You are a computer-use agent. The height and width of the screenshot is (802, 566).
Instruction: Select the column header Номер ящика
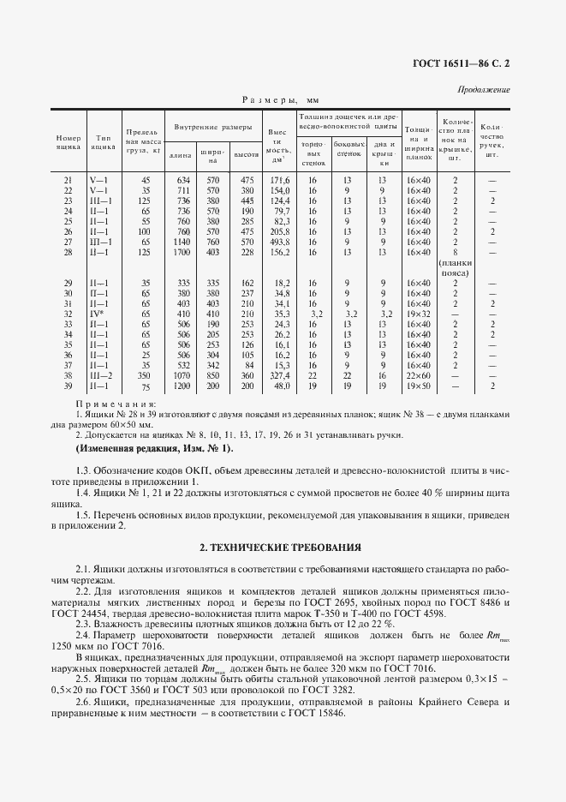[69, 142]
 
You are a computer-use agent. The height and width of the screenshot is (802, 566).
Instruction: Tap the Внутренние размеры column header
[213, 127]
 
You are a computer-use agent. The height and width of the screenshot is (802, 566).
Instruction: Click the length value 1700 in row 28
[182, 253]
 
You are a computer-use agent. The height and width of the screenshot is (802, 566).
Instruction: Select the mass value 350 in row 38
[145, 375]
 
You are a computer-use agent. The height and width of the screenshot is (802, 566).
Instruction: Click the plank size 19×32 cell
[419, 315]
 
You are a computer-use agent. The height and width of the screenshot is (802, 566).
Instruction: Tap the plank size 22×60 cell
[419, 375]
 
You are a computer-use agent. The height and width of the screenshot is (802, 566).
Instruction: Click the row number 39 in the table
[69, 386]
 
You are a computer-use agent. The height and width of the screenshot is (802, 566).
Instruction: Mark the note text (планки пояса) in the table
[456, 268]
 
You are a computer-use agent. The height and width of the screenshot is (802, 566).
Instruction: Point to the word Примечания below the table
[116, 403]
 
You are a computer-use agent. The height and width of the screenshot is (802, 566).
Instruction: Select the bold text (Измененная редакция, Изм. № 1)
[153, 449]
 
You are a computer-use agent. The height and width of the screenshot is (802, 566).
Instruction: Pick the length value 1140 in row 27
[182, 242]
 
